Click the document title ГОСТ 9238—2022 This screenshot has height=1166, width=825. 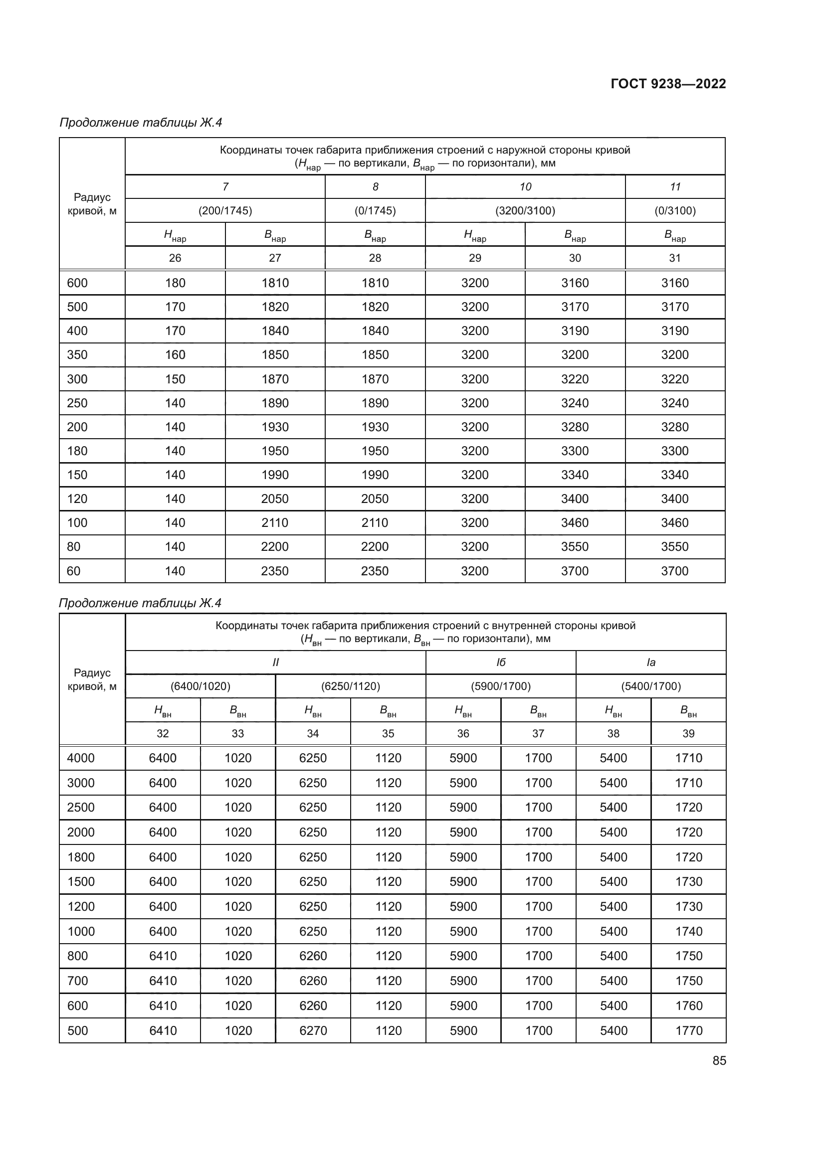[x=668, y=84]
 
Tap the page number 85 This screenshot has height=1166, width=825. [x=719, y=1061]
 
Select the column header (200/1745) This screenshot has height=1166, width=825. [x=225, y=211]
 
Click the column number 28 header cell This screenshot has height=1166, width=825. [x=375, y=258]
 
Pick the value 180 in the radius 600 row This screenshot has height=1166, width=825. [x=175, y=283]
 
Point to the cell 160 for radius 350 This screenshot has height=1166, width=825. [x=175, y=354]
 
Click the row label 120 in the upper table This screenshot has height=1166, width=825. [x=77, y=499]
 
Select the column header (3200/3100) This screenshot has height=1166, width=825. [x=525, y=211]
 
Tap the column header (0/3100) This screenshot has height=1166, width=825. [x=675, y=211]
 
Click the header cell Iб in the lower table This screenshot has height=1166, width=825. [x=500, y=662]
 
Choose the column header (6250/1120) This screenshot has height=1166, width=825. [x=351, y=686]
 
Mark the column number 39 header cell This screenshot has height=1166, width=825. [x=688, y=733]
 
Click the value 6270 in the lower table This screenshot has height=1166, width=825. [x=313, y=1030]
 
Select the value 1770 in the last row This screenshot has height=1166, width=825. [x=688, y=1030]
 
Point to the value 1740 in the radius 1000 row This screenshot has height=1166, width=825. [x=688, y=931]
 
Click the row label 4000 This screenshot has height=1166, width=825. [x=81, y=758]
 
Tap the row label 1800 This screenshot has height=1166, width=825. [x=81, y=857]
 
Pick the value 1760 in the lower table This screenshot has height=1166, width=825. [x=688, y=1005]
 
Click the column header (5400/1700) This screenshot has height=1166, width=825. [x=651, y=686]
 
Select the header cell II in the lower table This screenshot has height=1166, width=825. [x=275, y=662]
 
